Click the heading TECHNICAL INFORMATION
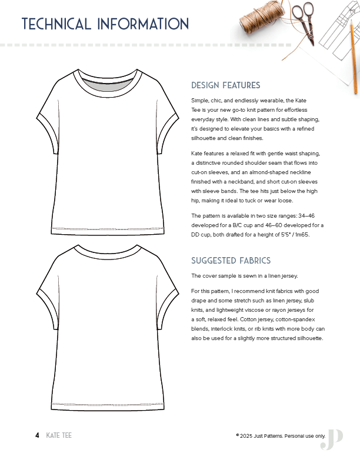105,24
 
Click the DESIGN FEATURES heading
226,85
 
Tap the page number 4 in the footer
37,435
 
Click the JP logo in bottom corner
332,438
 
